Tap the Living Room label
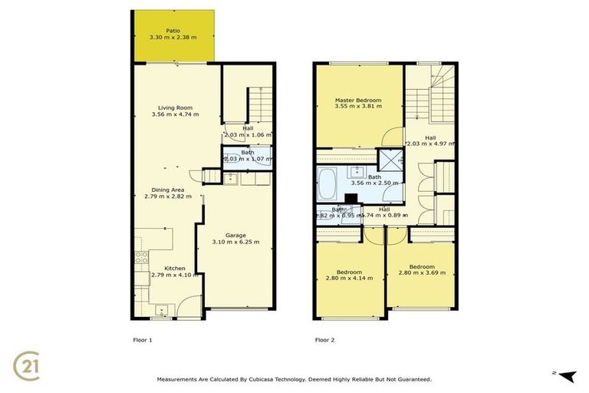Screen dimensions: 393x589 (x=176, y=107)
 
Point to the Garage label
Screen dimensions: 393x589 (x=235, y=235)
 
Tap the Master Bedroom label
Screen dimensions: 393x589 (x=357, y=101)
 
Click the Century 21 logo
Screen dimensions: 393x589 (x=28, y=365)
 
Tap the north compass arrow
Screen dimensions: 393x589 (x=567, y=375)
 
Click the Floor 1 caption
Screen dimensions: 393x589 (x=134, y=338)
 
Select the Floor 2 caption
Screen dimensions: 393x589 (x=324, y=338)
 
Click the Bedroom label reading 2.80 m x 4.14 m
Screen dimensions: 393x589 (x=348, y=278)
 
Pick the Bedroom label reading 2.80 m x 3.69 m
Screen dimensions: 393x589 (x=421, y=272)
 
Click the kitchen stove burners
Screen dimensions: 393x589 (x=141, y=258)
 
